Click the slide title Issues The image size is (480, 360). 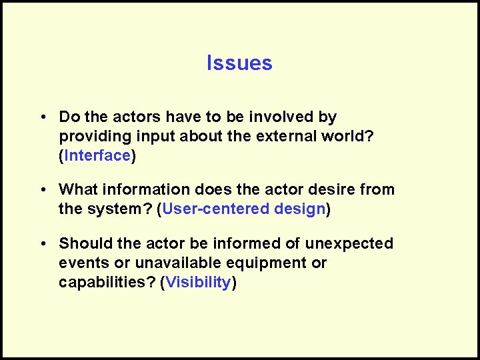pos(239,63)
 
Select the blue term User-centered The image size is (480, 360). pos(215,209)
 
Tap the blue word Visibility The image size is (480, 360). pos(198,282)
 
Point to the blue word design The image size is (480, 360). pos(299,209)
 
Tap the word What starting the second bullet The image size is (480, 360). pos(79,189)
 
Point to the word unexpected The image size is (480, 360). pos(352,243)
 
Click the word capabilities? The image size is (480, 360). pos(107,282)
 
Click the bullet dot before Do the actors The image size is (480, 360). pos(42,117)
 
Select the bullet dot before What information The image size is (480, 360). pos(42,190)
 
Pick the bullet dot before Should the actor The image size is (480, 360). pos(42,244)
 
